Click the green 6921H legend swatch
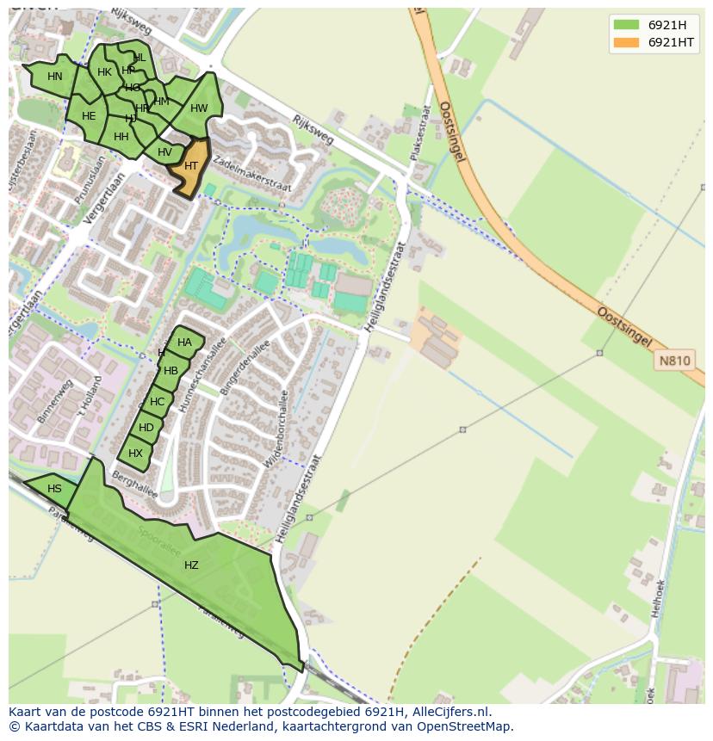coord(626,24)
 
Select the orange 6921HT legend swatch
coord(626,42)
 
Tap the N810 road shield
coord(675,361)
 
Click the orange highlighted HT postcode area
coord(190,167)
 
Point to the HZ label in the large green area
coord(191,565)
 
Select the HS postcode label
coord(54,489)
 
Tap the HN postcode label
coord(55,77)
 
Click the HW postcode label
coord(199,108)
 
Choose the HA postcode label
coord(184,343)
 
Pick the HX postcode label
coord(135,454)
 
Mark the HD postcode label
coord(146,428)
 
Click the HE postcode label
coord(89,116)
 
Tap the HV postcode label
coord(164,152)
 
